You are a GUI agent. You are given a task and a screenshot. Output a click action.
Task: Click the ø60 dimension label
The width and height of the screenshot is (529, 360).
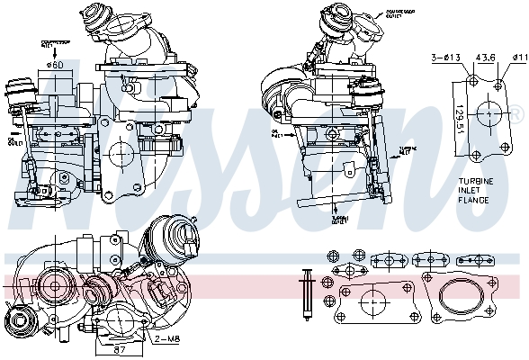point(54,64)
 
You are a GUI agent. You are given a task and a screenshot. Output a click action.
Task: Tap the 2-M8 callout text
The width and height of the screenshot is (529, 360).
point(167,338)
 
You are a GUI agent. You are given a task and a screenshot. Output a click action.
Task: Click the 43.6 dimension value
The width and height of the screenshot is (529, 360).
point(487,58)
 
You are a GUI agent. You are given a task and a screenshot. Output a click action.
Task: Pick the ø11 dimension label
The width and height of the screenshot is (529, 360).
point(519,58)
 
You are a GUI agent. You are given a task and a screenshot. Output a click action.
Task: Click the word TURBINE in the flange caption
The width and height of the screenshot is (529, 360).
point(471,182)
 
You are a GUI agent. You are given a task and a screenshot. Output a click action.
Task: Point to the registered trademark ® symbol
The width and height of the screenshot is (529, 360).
point(516,115)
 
